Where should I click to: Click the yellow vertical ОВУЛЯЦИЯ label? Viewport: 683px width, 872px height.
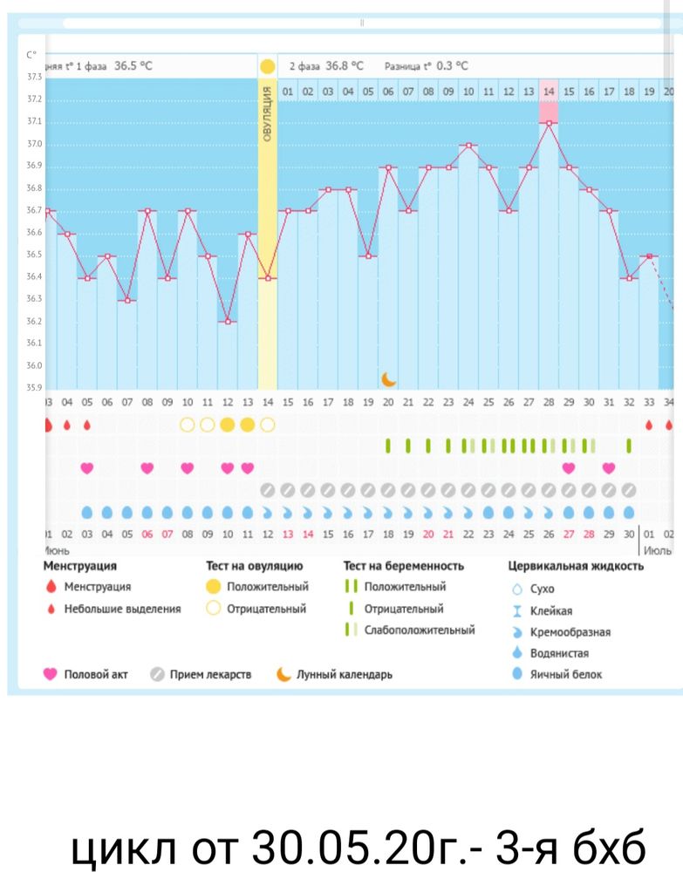tap(268, 113)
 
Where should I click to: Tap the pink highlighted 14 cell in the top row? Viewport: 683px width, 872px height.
tap(548, 91)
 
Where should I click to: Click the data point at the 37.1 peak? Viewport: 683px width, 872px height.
tap(549, 123)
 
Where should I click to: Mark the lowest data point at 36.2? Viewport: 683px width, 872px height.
tap(228, 322)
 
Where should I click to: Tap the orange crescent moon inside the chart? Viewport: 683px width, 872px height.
tap(389, 378)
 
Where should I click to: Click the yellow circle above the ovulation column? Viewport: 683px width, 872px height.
tap(267, 66)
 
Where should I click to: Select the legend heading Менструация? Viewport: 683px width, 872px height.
tap(79, 566)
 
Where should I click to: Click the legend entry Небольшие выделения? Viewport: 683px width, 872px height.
tap(122, 609)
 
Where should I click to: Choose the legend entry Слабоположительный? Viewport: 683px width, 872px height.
tap(420, 630)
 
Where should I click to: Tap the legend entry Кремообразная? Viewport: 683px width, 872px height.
tap(570, 632)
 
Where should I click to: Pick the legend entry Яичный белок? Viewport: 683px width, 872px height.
tap(566, 674)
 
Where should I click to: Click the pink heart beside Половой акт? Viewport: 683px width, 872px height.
tap(51, 674)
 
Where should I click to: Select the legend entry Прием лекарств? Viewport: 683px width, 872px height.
tap(210, 674)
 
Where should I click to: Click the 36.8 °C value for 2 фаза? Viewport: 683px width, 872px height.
tap(345, 66)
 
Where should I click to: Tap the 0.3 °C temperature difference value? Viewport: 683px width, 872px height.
tap(452, 66)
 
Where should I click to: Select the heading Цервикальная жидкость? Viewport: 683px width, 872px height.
tap(576, 566)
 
